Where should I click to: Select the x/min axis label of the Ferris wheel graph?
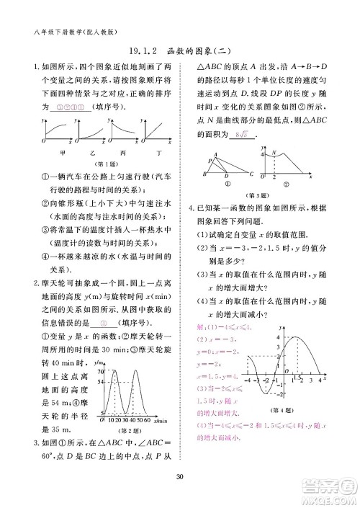[x=160, y=420]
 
